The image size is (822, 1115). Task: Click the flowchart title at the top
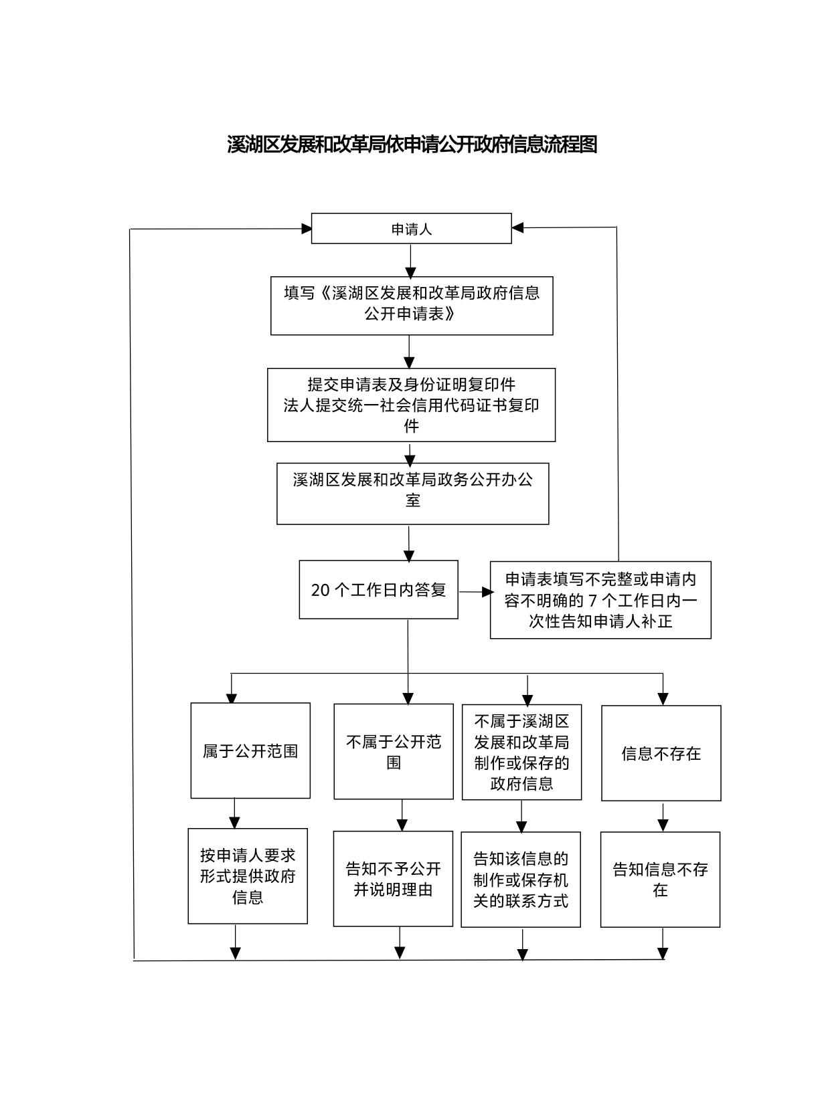tap(412, 144)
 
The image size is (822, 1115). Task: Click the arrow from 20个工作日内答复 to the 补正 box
tap(476, 592)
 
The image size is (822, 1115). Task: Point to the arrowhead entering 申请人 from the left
tap(307, 229)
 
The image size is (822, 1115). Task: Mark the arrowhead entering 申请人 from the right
tap(517, 228)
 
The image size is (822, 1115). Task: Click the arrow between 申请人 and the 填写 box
tap(410, 262)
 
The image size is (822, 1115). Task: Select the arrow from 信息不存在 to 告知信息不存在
tap(663, 817)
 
